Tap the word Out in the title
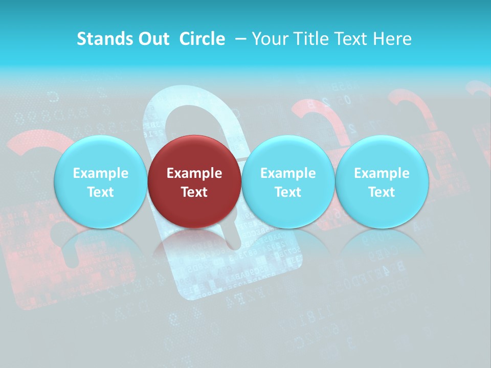(x=152, y=39)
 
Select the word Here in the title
(x=393, y=39)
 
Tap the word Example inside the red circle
(x=194, y=173)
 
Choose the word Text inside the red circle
(x=194, y=192)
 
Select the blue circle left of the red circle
(x=100, y=181)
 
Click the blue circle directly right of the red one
(x=287, y=181)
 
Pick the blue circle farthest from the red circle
(x=382, y=181)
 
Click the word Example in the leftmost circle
(x=100, y=173)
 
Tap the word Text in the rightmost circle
(x=382, y=192)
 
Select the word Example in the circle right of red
(x=287, y=173)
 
